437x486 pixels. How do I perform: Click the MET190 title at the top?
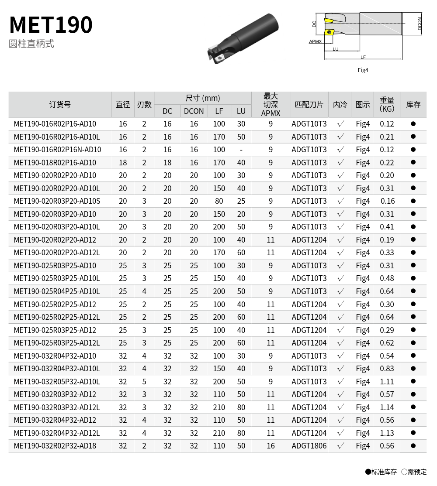51,24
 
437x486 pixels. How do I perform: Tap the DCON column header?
194,111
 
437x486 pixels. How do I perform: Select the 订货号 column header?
60,105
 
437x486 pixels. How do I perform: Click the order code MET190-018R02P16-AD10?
55,163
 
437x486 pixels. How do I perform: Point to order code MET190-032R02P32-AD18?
55,446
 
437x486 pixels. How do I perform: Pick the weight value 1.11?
387,382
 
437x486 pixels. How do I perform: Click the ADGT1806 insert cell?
309,446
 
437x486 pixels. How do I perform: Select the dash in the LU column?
241,150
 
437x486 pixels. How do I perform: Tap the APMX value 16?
271,446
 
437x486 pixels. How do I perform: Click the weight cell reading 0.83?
387,369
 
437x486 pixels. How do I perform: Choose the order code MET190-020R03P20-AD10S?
57,201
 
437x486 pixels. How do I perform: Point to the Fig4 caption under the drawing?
363,70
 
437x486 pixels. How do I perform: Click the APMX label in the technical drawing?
315,41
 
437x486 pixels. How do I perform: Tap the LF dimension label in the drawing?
363,57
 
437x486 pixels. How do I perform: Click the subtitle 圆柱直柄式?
31,44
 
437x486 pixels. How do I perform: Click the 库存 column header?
413,105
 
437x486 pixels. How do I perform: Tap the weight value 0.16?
388,201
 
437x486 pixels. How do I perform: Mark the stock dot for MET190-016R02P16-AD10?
413,124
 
